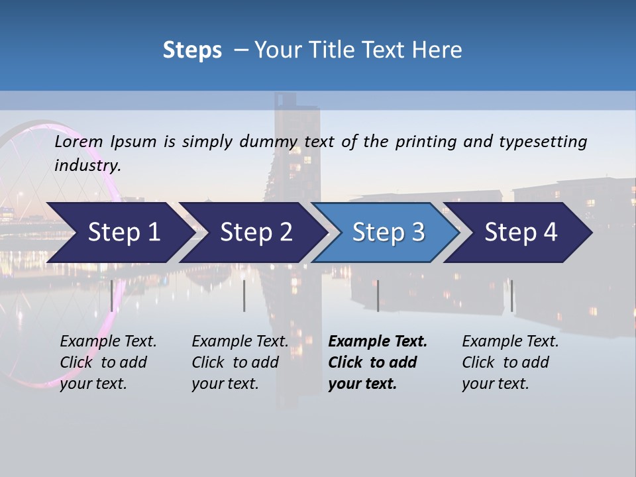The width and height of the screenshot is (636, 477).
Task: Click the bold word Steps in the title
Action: coord(192,50)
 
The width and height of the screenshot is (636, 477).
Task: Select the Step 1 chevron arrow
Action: coord(119,233)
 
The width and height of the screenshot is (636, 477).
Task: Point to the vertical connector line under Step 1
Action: coord(111,295)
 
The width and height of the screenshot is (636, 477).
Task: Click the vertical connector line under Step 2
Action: coord(244,295)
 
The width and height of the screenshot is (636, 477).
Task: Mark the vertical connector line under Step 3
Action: coord(378,295)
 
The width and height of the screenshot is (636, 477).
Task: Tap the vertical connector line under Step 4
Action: coord(511,295)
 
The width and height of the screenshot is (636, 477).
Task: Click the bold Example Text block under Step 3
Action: coord(377,362)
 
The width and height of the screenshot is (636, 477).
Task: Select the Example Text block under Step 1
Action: coord(108,362)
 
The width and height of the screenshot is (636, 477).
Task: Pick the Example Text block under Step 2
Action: coord(240,362)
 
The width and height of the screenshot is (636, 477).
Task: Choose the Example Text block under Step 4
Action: coord(510,362)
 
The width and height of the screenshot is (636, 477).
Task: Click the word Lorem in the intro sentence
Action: coord(79,142)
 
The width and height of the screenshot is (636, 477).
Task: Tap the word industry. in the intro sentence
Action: coord(87,166)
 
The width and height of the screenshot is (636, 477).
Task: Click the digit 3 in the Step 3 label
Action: coord(417,233)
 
